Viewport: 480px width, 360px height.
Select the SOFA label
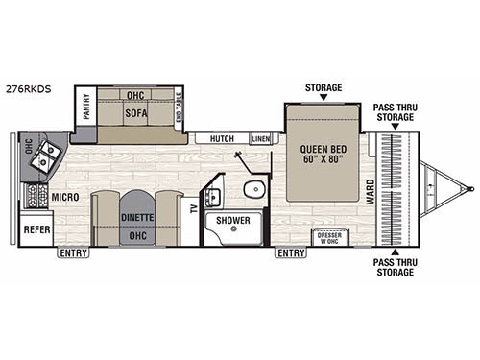click(x=136, y=113)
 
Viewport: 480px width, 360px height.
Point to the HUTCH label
click(x=221, y=139)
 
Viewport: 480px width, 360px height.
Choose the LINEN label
click(x=260, y=139)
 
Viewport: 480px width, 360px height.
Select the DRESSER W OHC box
click(x=330, y=237)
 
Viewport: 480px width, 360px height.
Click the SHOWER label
click(x=231, y=220)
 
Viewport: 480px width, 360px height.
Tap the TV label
click(x=193, y=208)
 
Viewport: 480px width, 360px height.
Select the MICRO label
click(x=65, y=197)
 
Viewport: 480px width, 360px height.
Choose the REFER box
click(x=36, y=230)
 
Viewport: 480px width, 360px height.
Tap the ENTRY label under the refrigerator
click(x=72, y=253)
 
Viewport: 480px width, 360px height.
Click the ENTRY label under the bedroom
click(x=290, y=253)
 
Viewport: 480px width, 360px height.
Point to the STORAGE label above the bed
click(x=323, y=87)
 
